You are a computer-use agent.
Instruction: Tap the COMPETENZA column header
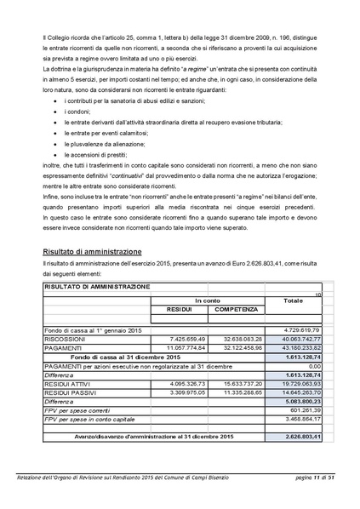[229, 309]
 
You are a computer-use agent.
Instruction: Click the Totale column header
[292, 300]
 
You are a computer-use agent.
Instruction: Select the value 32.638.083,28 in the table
[229, 338]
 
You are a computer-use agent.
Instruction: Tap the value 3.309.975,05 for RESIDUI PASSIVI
[179, 392]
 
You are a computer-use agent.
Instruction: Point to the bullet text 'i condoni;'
[80, 111]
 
